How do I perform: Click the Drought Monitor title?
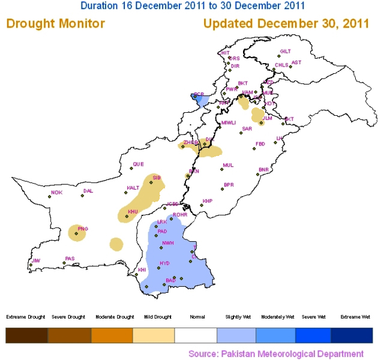56,24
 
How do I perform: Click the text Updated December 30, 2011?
286,24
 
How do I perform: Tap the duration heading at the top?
193,5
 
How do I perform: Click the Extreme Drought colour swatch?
26,335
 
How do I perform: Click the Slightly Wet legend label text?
238,317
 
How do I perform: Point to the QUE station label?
139,164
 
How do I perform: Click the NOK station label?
57,193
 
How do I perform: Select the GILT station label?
285,52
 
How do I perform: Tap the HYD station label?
164,263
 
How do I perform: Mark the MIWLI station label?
229,123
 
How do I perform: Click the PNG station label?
83,229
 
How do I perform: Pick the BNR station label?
263,169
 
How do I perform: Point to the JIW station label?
36,260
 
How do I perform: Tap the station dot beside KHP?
202,205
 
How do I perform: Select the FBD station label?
260,144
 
